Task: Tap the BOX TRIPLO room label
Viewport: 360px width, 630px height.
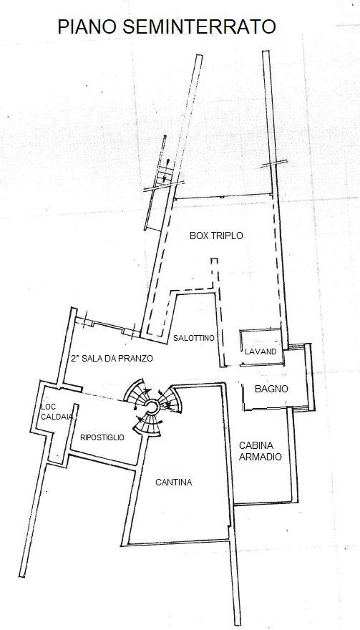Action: (x=216, y=236)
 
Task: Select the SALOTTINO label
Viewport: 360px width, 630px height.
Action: (x=194, y=338)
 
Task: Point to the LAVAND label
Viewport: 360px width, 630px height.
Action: (x=261, y=352)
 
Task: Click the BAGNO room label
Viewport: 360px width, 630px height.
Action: (x=271, y=389)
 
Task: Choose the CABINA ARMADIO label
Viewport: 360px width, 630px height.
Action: (x=261, y=451)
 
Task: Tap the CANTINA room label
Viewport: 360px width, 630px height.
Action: (x=174, y=483)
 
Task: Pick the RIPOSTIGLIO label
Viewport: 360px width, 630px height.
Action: (x=102, y=437)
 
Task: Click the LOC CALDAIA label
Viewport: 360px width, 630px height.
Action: (x=57, y=412)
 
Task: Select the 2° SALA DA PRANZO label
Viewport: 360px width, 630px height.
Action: (x=112, y=359)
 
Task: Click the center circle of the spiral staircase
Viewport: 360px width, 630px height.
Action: (x=152, y=406)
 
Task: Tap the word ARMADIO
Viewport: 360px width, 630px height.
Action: (x=261, y=457)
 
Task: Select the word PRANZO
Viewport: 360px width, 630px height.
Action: (x=137, y=359)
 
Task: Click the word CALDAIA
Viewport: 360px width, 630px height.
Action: (x=57, y=417)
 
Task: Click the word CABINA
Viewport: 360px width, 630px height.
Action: (x=256, y=445)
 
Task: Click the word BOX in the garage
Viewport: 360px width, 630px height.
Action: (x=198, y=236)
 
